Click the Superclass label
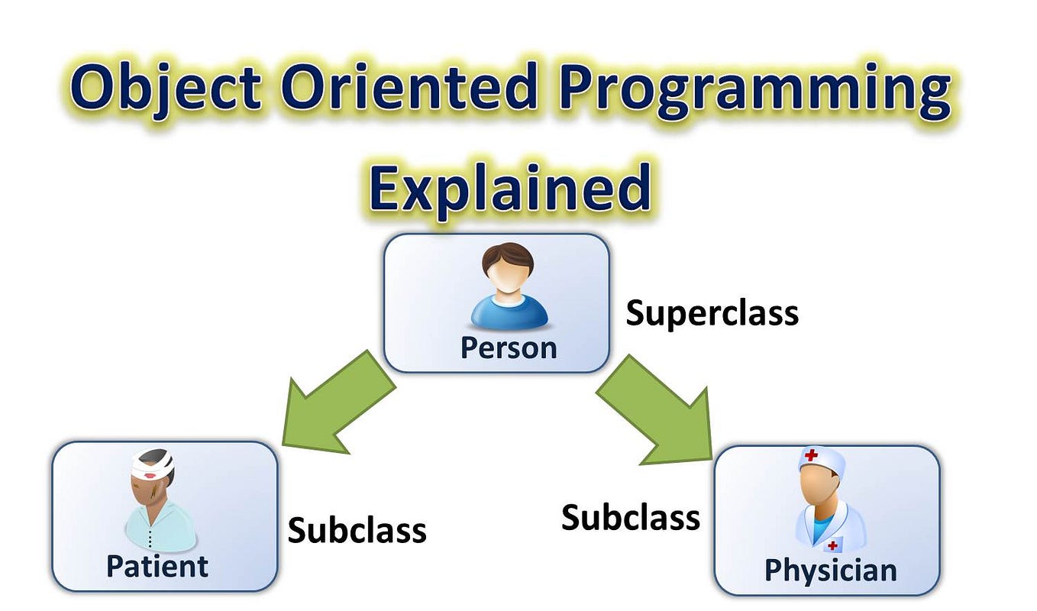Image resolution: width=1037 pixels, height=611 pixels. [x=712, y=313]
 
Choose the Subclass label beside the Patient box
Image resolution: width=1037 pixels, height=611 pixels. [x=357, y=530]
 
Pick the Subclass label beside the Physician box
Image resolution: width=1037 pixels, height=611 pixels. [x=631, y=517]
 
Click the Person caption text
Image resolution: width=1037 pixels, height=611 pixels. [x=509, y=348]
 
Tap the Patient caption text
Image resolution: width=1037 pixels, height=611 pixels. [x=157, y=566]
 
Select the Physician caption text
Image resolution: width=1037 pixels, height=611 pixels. [x=831, y=571]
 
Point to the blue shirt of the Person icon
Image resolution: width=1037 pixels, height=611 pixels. [x=509, y=312]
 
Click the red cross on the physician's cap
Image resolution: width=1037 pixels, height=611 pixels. [x=811, y=455]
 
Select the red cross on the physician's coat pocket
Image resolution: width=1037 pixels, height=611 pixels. [x=832, y=546]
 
